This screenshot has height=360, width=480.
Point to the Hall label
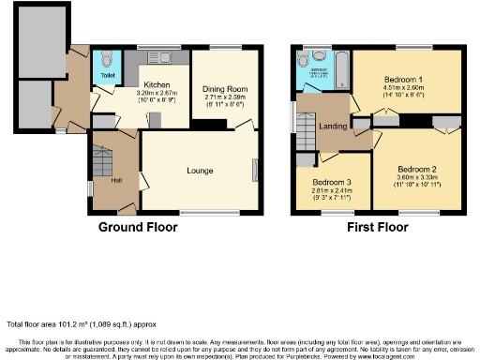click(x=115, y=181)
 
